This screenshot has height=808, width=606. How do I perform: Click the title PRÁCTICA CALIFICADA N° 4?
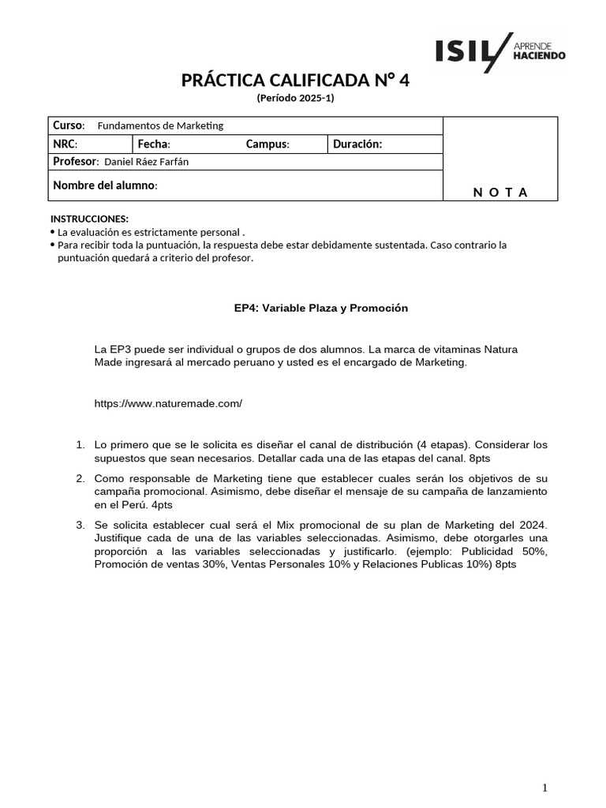tap(296, 81)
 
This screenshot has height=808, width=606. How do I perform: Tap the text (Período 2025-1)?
tap(296, 98)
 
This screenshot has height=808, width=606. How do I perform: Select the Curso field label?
tap(69, 125)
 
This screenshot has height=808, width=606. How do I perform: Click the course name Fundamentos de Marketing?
tap(160, 126)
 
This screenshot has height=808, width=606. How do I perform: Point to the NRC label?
tap(65, 144)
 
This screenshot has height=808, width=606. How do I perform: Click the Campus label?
tap(267, 144)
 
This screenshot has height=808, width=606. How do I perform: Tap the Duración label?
tap(357, 144)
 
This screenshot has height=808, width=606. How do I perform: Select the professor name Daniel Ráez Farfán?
tap(147, 163)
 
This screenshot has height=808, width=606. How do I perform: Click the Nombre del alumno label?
tap(105, 185)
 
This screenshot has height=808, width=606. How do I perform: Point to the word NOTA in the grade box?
tap(500, 192)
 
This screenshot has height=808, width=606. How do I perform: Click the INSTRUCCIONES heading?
tap(89, 219)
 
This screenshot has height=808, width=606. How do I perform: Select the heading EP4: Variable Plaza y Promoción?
tap(321, 308)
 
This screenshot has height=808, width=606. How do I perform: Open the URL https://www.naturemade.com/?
tap(168, 403)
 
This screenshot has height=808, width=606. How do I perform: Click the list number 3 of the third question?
tap(80, 524)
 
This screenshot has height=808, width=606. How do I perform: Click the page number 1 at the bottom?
tap(544, 787)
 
